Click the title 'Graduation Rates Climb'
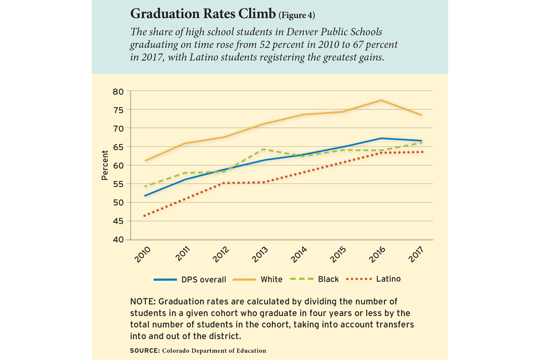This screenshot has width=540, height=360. (203, 14)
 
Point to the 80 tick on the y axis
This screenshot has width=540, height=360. (118, 91)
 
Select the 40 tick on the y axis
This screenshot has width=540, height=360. (118, 239)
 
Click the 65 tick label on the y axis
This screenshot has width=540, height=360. (118, 147)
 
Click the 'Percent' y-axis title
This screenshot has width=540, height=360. (105, 165)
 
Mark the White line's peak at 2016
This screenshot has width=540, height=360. (381, 100)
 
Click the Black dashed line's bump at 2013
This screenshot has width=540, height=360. (262, 149)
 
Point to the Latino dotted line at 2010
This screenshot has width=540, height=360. (144, 216)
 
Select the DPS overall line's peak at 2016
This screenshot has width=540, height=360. (381, 138)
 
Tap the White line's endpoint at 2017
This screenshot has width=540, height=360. (421, 115)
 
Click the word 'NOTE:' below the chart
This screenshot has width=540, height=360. (143, 301)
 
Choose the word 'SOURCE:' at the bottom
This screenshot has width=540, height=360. (146, 351)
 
